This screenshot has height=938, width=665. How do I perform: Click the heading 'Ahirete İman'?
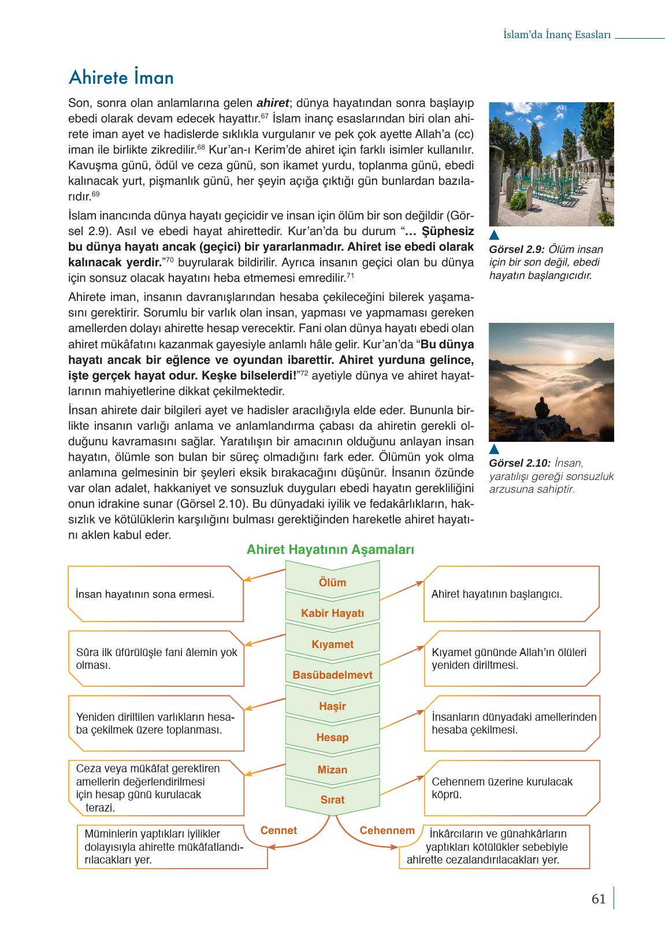click(121, 77)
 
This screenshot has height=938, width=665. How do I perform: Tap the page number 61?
click(599, 899)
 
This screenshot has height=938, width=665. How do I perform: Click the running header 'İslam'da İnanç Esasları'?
click(557, 35)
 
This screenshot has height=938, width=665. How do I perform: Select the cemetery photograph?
click(551, 164)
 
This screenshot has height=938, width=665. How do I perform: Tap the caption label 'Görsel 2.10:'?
click(519, 463)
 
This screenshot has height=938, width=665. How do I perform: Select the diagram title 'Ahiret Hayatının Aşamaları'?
click(330, 549)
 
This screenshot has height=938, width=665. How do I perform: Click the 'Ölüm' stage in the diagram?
click(332, 582)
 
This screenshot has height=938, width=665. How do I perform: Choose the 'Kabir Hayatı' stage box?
click(332, 613)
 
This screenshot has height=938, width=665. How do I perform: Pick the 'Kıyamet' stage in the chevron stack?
click(332, 644)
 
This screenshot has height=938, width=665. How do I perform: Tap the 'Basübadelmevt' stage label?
click(332, 675)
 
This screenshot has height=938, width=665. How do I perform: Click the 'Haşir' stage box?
click(332, 706)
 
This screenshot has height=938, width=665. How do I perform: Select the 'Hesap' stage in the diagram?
click(332, 737)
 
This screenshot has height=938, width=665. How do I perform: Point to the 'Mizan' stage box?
click(332, 769)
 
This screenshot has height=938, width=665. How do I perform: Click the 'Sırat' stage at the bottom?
click(332, 799)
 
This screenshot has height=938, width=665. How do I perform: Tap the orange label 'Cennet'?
click(278, 831)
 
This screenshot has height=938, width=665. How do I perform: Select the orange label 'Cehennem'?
click(387, 831)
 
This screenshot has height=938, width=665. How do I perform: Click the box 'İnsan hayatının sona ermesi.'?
click(155, 594)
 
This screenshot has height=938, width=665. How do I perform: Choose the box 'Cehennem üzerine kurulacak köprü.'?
click(511, 788)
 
